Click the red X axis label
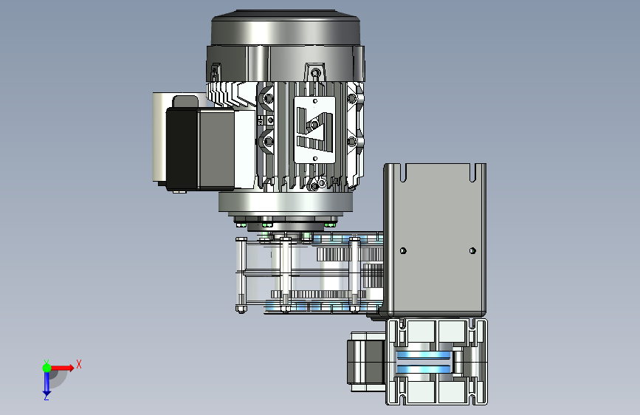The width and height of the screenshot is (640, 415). pyautogui.click(x=79, y=364)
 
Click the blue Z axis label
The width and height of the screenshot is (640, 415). pyautogui.click(x=46, y=397)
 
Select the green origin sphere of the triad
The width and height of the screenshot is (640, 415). pyautogui.click(x=47, y=368)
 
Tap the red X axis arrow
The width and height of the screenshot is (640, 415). pyautogui.click(x=61, y=368)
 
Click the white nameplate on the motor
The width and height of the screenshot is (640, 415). pyautogui.click(x=314, y=130)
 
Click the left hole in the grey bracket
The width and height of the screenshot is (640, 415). pyautogui.click(x=403, y=250)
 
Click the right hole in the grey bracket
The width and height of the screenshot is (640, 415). pyautogui.click(x=472, y=250)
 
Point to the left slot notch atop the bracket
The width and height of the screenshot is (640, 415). pyautogui.click(x=403, y=173)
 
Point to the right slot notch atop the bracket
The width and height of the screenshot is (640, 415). pyautogui.click(x=472, y=173)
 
